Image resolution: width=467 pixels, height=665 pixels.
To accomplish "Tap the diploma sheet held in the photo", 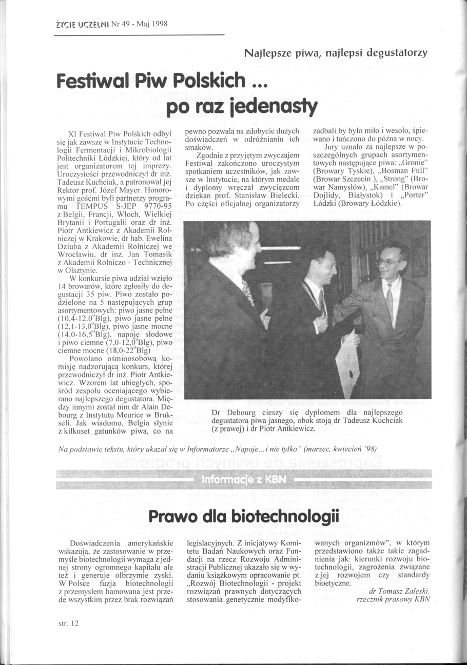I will pos(347,362).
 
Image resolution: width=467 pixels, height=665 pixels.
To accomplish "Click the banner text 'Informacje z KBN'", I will pos(244,480).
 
